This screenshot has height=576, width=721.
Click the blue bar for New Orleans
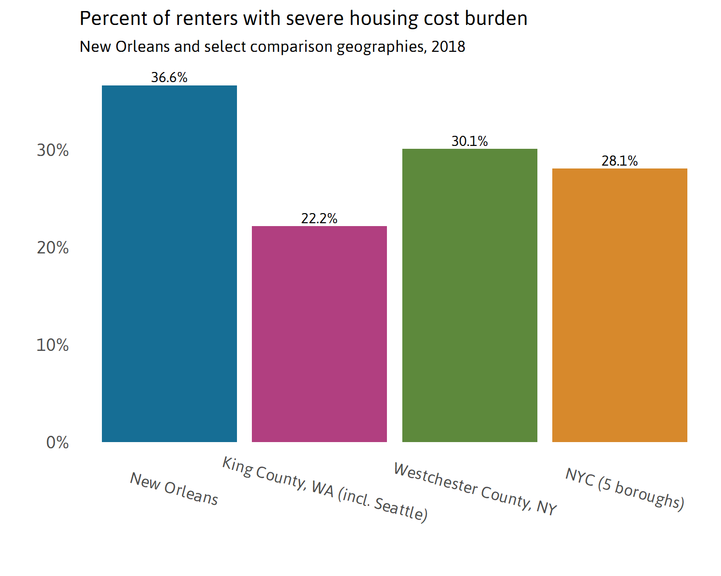coord(169,264)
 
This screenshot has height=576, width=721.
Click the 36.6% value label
coord(169,77)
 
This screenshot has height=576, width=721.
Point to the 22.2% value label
coord(319,218)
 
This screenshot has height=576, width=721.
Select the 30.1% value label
coord(470,141)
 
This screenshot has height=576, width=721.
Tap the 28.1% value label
coord(620,161)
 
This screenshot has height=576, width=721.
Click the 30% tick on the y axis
coord(53,150)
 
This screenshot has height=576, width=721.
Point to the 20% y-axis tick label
coord(53,248)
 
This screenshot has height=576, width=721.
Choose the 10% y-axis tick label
coord(53,345)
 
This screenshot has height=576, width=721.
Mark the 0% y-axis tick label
coord(57,443)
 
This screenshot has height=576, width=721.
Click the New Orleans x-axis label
coord(174,489)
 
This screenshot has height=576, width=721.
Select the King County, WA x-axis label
coord(325,489)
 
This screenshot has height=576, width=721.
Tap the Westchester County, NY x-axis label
coord(475,489)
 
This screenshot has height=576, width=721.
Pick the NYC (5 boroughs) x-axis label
coord(625,489)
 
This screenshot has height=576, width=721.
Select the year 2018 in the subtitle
coord(448,47)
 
